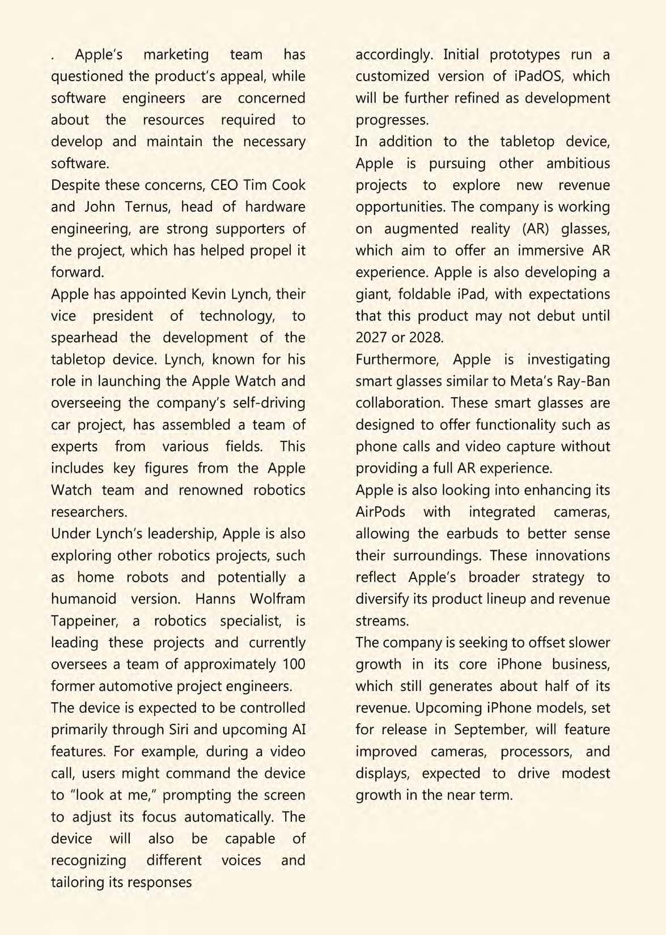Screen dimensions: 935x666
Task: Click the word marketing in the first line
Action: tap(176, 55)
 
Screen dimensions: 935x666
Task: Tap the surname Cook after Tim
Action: tap(289, 185)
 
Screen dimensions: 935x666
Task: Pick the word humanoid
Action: tap(83, 599)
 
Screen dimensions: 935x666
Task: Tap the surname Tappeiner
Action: tap(84, 621)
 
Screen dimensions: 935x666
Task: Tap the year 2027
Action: tap(372, 338)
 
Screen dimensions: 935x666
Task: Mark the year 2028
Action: tap(425, 338)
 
